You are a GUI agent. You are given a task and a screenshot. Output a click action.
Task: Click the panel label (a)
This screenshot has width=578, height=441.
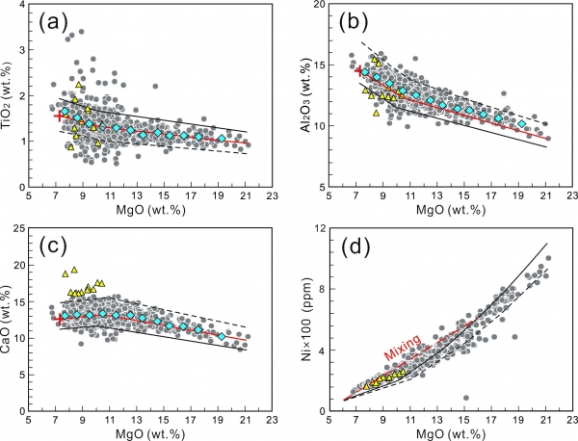[54, 25]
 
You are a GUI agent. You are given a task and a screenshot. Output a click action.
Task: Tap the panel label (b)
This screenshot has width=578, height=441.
[354, 24]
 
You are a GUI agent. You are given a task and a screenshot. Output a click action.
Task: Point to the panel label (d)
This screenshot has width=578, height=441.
[355, 248]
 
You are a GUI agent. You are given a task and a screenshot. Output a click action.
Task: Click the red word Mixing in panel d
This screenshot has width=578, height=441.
[403, 348]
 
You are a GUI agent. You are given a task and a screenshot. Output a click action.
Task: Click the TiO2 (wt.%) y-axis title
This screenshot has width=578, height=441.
[8, 95]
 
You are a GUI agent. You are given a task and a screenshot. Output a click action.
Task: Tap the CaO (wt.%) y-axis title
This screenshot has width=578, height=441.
[8, 319]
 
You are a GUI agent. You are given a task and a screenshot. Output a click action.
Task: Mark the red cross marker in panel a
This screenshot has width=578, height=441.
[58, 117]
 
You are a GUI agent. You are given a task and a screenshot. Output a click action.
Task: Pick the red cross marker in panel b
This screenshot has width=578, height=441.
[358, 71]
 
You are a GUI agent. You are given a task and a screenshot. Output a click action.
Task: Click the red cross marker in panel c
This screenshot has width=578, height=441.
[59, 320]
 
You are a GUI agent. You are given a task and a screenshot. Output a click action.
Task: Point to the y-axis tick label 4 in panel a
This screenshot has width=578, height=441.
[22, 5]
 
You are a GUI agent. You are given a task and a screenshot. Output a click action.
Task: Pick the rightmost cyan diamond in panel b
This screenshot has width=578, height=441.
[521, 123]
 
